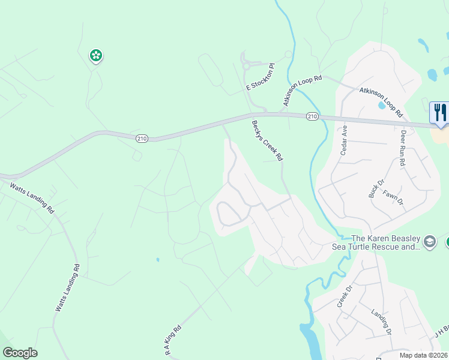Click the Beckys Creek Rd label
pyautogui.click(x=267, y=140)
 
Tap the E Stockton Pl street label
pyautogui.click(x=260, y=78)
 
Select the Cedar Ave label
pyautogui.click(x=344, y=141)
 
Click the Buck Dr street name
pyautogui.click(x=374, y=188)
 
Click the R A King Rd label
pyautogui.click(x=173, y=341)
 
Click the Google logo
pyautogui.click(x=20, y=353)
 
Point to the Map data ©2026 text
pyautogui.click(x=423, y=355)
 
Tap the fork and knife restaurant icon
pyautogui.click(x=440, y=112)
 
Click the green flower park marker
pyautogui.click(x=95, y=56)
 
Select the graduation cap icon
pyautogui.click(x=429, y=242)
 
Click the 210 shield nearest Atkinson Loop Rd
pyautogui.click(x=312, y=116)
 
